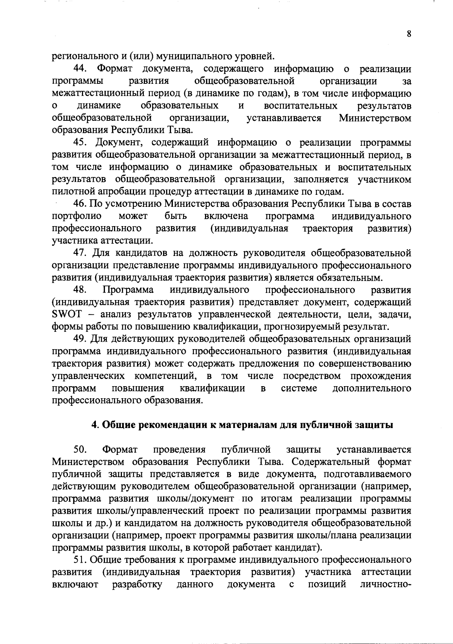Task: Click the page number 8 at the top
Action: coord(409,34)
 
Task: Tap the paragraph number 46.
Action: coord(81,204)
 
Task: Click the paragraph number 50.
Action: coord(81,450)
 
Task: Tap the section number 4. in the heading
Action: coord(95,425)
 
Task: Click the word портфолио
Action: coord(77,216)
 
